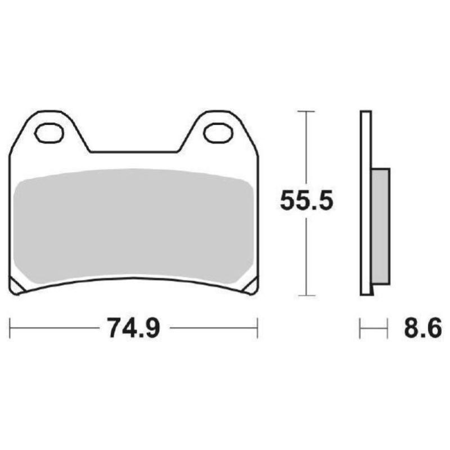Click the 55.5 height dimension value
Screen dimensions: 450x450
pos(307,201)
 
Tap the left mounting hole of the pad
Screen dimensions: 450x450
pos(49,133)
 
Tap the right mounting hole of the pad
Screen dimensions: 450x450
pos(218,133)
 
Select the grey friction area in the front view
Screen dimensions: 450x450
pos(134,225)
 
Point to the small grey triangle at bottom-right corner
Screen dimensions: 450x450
pos(250,288)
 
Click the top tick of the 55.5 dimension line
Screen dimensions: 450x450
pos(305,111)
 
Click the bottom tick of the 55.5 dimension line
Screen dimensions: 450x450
pos(305,295)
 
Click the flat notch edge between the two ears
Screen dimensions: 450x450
pos(134,151)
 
